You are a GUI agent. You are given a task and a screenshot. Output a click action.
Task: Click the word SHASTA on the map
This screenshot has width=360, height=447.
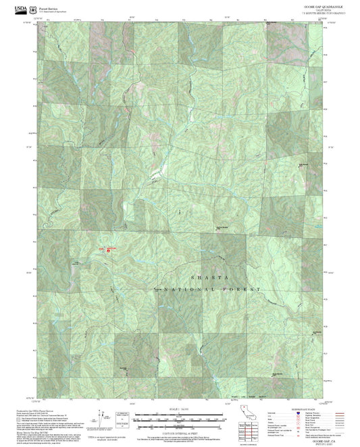tap(210, 277)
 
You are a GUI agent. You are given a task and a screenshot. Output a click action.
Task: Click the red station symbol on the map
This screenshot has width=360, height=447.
tap(109, 251)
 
